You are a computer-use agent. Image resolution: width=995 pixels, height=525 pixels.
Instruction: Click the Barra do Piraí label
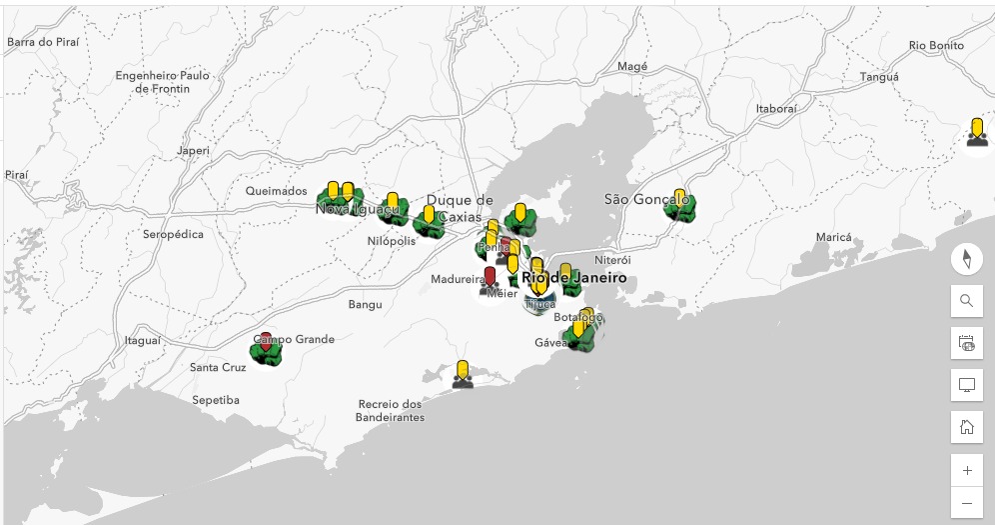tap(43, 42)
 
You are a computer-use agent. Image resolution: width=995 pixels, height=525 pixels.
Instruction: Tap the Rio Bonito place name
tap(936, 45)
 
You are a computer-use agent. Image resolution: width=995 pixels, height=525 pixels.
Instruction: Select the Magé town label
tap(632, 66)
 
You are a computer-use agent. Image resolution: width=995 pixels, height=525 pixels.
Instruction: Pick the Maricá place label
tap(833, 237)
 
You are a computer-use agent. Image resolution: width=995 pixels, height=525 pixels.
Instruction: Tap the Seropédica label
tap(173, 234)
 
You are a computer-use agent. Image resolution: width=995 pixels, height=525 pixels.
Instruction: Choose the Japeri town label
tap(193, 151)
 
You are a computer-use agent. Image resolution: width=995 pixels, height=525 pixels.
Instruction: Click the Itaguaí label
tap(142, 340)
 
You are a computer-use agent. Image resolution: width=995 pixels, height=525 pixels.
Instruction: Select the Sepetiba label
tap(216, 400)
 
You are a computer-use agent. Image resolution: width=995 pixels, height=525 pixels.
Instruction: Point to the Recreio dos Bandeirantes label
tap(391, 410)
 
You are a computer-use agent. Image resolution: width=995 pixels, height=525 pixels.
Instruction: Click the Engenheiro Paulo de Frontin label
tap(162, 81)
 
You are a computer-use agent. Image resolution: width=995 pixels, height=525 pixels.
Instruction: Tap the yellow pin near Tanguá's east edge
tap(977, 129)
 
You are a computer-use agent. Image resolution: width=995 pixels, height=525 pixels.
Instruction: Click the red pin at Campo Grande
tap(266, 342)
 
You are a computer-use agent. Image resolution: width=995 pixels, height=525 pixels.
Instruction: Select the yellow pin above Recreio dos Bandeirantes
tap(462, 369)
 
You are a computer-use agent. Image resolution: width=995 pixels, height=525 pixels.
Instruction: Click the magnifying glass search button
tap(966, 301)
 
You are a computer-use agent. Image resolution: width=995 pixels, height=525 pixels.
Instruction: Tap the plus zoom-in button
tap(966, 470)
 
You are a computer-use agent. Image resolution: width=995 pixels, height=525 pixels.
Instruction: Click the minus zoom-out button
tap(966, 502)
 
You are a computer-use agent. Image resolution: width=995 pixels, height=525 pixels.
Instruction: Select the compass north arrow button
tap(966, 259)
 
